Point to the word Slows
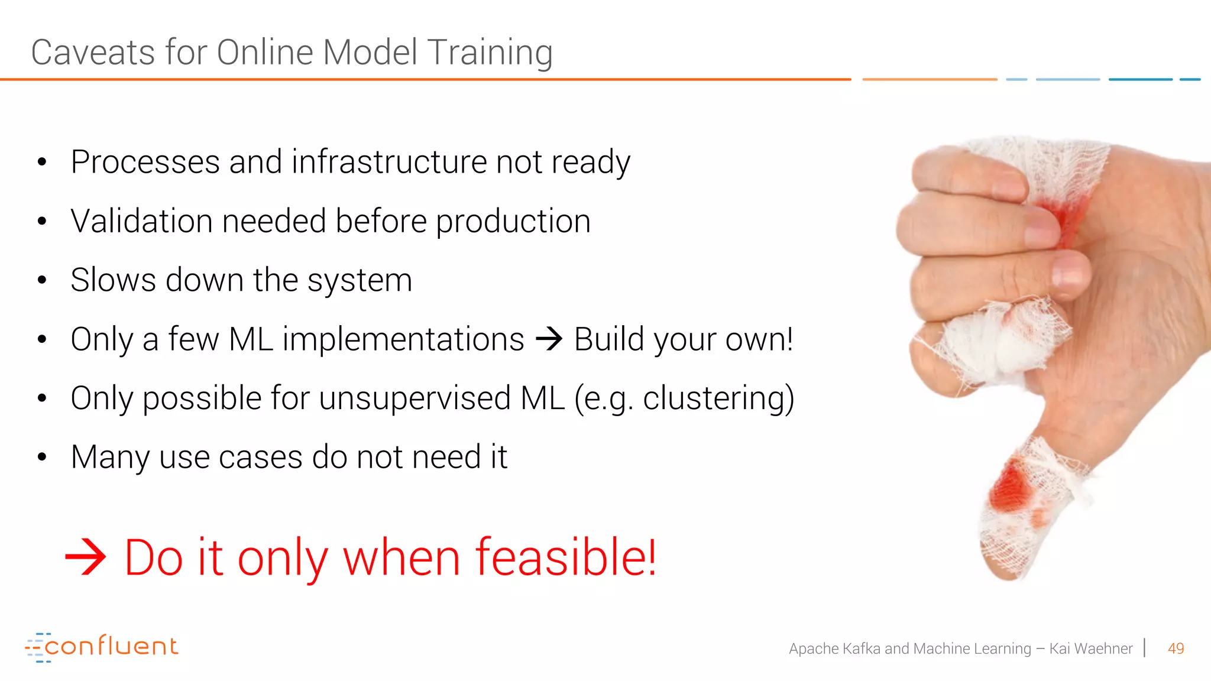pos(114,280)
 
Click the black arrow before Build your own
pos(549,339)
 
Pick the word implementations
pos(403,339)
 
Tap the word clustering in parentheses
pos(713,398)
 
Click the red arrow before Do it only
pos(85,557)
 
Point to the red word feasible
pos(565,557)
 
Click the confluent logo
pos(102,647)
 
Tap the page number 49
pos(1176,648)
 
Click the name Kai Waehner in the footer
pos(1090,648)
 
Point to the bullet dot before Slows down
pos(41,280)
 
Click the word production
pos(513,221)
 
